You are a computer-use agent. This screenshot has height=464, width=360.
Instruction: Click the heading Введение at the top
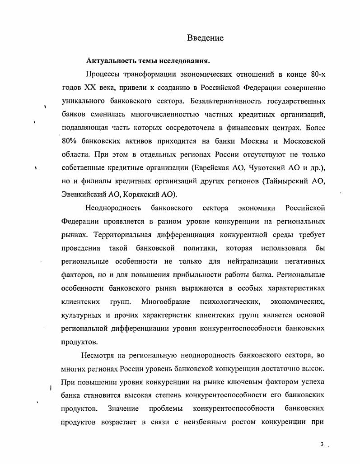[205, 38]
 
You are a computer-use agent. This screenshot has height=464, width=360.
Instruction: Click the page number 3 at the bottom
[322, 445]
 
